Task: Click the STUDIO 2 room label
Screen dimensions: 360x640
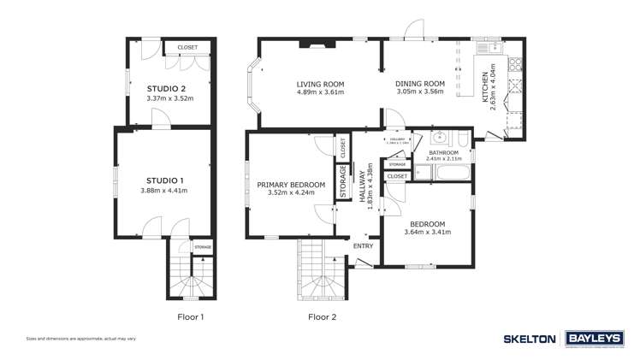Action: click(x=166, y=89)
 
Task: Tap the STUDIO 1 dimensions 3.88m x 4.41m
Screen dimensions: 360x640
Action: click(x=166, y=190)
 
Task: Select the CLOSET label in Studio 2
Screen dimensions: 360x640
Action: click(x=187, y=47)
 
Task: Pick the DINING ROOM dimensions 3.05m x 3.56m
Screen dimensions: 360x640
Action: click(x=418, y=92)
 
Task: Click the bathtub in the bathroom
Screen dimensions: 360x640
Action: click(x=451, y=174)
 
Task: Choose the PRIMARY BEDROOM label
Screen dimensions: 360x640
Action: click(x=291, y=185)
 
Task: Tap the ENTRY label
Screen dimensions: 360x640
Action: click(x=363, y=246)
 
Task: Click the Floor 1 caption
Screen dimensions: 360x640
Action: click(x=190, y=317)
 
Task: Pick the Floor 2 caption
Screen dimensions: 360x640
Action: click(x=322, y=317)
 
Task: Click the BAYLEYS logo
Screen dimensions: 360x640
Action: click(x=593, y=339)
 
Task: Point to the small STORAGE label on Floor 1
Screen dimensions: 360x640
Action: click(x=202, y=247)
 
